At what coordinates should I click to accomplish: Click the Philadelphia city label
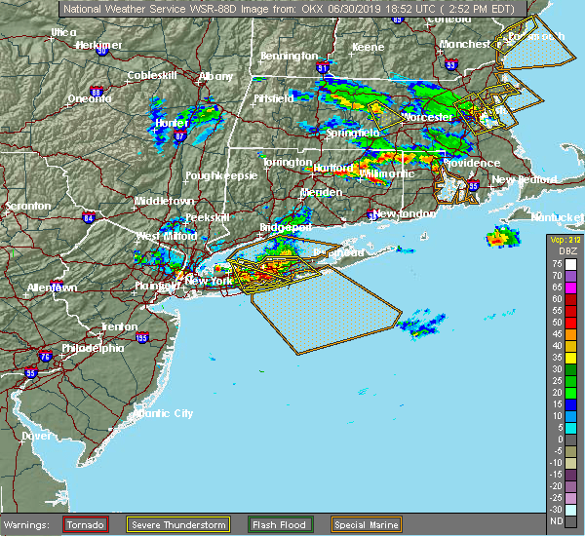(x=93, y=348)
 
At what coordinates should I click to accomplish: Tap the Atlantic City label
(x=163, y=413)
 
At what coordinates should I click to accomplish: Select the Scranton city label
(x=26, y=207)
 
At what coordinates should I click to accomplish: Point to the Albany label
(x=215, y=76)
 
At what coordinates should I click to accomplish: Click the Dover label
(x=36, y=436)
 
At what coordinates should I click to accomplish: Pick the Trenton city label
(x=119, y=326)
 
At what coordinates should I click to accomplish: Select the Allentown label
(x=52, y=288)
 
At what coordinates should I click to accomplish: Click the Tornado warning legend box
(x=86, y=524)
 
